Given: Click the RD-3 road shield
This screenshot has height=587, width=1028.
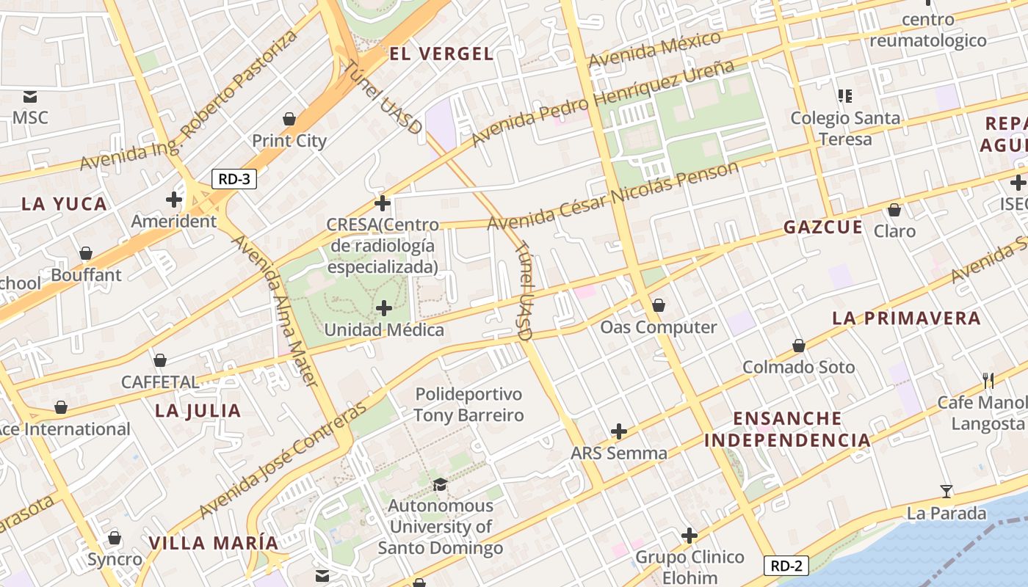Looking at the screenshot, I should (x=234, y=179).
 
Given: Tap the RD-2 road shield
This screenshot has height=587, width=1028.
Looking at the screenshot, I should (x=786, y=566).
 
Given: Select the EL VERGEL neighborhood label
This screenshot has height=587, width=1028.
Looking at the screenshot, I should (x=441, y=54).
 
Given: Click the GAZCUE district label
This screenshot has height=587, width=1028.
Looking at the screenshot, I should (x=823, y=227).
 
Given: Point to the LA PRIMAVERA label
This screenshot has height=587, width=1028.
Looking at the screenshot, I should (x=906, y=318).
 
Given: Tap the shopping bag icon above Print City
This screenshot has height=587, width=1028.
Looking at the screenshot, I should (x=289, y=119).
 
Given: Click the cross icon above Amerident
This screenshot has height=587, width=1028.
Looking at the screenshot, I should (x=174, y=200).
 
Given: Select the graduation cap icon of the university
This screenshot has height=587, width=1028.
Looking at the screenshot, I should (x=440, y=484).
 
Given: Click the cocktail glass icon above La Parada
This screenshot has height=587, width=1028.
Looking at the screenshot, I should (x=946, y=492).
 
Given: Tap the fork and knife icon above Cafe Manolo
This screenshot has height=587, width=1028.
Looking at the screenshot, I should (x=988, y=380).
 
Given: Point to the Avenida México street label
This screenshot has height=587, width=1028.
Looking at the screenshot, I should (x=655, y=49).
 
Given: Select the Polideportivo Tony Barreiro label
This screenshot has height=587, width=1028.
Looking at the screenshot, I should (x=468, y=405).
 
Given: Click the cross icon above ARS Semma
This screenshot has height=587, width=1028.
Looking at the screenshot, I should (x=619, y=431).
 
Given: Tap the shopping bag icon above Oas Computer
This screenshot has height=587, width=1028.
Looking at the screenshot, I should (x=659, y=305).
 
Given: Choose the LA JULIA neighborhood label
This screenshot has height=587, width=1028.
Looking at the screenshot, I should (x=198, y=411).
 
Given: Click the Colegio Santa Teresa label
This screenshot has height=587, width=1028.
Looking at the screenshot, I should (x=845, y=128).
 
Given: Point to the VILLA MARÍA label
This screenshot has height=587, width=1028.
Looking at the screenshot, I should (x=214, y=544).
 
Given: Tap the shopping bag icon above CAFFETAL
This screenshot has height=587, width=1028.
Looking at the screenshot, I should (x=160, y=360).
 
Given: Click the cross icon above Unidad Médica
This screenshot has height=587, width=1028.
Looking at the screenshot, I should (x=384, y=308).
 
